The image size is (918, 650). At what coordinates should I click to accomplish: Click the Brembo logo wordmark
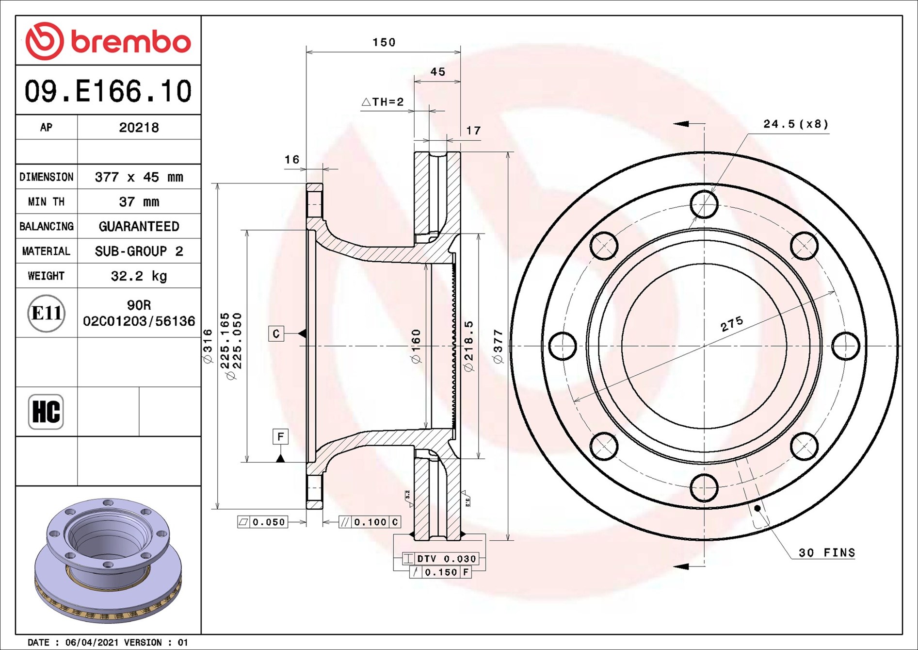(130, 42)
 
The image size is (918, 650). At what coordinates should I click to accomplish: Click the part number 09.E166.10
(108, 91)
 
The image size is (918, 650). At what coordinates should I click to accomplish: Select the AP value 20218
(139, 128)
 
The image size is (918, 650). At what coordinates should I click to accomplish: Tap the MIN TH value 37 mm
(139, 202)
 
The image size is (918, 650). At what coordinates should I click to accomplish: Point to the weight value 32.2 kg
(139, 276)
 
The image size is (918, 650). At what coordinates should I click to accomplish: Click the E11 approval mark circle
(46, 313)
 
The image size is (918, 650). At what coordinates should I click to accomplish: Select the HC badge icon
(46, 412)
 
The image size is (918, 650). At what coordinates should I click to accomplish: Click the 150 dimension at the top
(384, 43)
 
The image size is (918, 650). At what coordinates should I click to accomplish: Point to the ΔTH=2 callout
(383, 102)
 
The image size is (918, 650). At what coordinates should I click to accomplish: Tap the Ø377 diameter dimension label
(498, 347)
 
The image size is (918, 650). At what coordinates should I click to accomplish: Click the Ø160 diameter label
(416, 347)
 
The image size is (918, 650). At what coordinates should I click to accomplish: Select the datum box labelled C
(276, 333)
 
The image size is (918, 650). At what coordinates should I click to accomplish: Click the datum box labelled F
(280, 437)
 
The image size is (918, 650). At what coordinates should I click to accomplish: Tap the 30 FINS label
(826, 553)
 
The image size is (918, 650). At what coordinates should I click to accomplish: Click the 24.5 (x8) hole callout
(796, 124)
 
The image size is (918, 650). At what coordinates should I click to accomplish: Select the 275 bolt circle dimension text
(731, 324)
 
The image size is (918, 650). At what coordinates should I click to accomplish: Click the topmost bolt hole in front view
(704, 204)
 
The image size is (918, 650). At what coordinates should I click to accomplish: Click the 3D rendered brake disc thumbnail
(108, 561)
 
